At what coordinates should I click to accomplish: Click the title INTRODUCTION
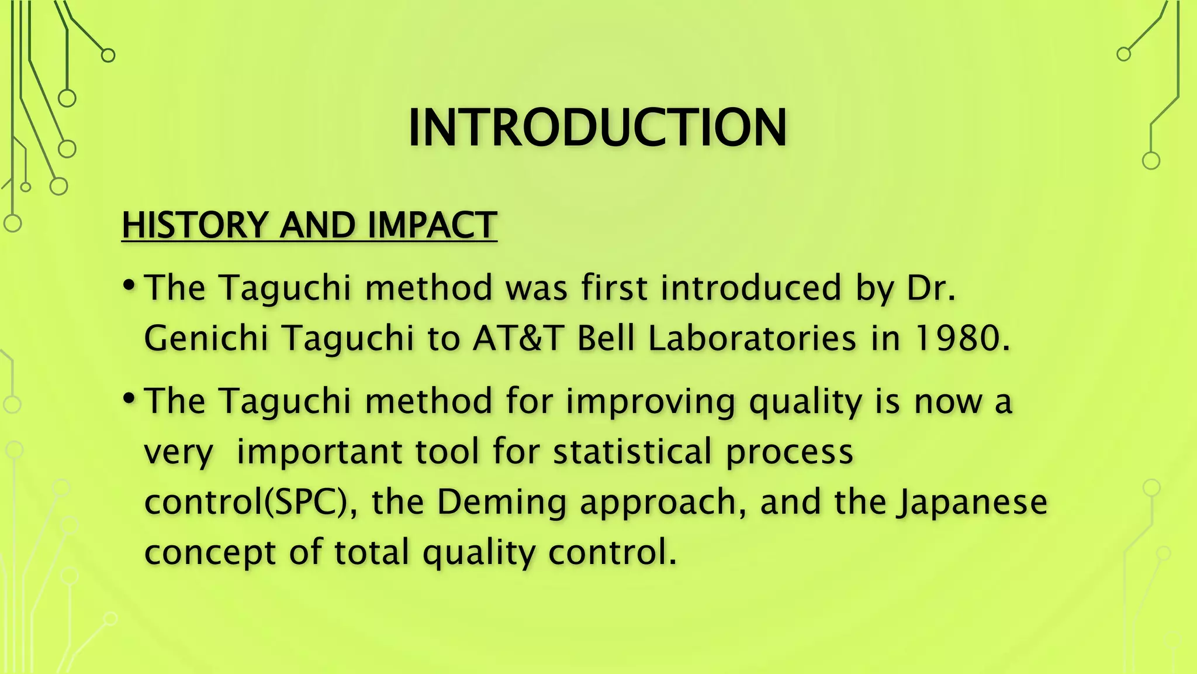coord(597,128)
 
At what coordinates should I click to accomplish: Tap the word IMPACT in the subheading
coord(432,225)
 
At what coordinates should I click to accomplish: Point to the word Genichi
coord(206,338)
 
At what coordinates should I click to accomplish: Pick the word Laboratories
coord(752,338)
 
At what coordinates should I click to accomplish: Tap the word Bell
coord(606,338)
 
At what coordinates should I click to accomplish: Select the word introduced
coord(751,288)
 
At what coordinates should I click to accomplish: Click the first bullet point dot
coord(129,286)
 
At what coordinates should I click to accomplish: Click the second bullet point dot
coord(129,399)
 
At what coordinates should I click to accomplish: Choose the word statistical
coord(632,452)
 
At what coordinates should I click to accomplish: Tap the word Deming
coord(501,503)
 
